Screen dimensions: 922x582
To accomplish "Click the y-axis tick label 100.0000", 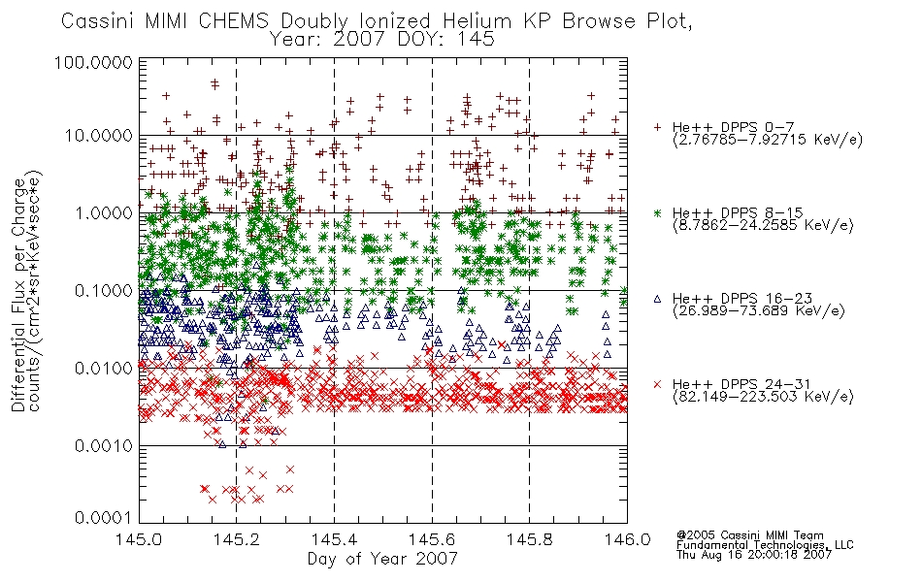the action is point(93,62).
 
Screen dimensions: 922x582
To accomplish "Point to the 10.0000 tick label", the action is point(99,136).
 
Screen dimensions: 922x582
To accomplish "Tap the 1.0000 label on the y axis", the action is point(104,212).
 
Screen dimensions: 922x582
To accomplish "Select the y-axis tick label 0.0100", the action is point(104,369).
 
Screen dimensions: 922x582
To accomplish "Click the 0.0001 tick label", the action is point(104,518).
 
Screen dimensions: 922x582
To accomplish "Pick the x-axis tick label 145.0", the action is point(139,539).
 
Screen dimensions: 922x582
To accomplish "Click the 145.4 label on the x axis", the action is point(334,539).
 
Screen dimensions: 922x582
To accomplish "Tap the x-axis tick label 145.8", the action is point(529,539).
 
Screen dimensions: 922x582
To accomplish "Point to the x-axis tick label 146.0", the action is point(627,539).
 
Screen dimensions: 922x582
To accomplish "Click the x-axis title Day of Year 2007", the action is point(382,559).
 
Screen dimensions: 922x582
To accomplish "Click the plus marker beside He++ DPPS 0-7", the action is point(658,127).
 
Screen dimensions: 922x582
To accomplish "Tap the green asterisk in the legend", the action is point(658,212).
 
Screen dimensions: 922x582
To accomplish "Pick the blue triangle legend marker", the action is point(658,299).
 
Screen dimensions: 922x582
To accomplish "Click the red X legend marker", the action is point(658,384).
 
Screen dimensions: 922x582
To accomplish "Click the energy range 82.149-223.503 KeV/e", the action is point(763,397).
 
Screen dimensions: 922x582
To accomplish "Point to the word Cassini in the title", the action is point(98,21).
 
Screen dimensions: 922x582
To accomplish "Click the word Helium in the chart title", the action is point(477,21).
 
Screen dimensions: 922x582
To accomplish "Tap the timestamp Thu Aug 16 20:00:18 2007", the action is point(754,555).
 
